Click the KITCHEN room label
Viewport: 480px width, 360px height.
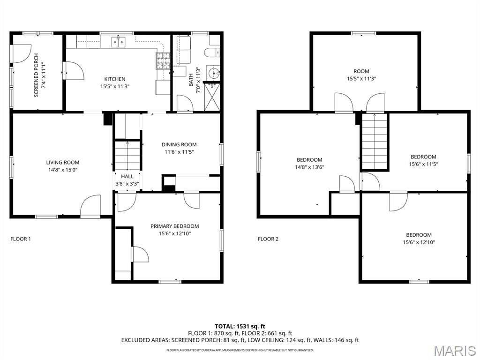(115, 79)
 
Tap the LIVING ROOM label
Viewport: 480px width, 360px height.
(63, 163)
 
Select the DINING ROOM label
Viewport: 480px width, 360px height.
(179, 144)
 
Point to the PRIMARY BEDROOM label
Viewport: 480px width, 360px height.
(174, 226)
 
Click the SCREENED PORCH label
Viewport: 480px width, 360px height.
(36, 75)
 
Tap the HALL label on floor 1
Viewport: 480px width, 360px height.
(127, 176)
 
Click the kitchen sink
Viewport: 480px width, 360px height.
(119, 42)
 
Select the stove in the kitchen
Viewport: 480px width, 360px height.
(163, 60)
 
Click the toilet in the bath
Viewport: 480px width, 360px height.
(212, 52)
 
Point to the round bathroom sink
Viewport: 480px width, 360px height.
(213, 73)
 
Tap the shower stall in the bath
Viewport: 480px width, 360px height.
(212, 97)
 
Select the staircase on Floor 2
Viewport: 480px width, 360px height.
(375, 140)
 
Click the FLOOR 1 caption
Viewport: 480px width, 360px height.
(21, 239)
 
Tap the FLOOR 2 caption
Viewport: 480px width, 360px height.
(268, 239)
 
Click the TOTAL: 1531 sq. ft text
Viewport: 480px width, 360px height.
(238, 326)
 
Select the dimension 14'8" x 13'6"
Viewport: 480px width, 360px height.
(309, 167)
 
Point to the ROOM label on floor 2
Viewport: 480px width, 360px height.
(361, 71)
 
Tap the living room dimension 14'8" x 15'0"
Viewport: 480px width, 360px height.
(63, 170)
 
